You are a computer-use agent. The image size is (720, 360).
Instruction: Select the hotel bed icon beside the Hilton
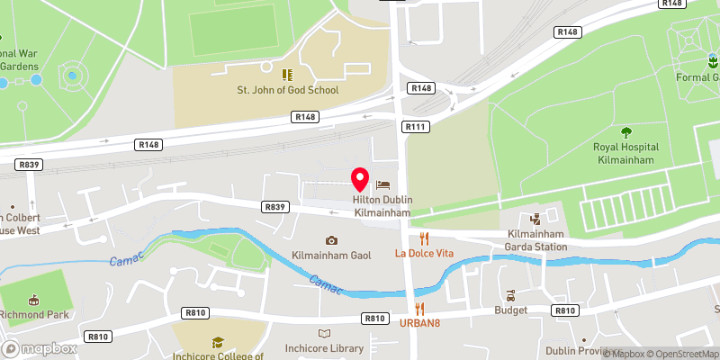coord(391,184)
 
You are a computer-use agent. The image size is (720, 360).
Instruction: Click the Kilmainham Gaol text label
coord(331,256)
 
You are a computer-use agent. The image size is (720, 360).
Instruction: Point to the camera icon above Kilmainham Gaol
coord(331,239)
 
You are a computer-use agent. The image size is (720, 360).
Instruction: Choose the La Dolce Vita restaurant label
coord(425,254)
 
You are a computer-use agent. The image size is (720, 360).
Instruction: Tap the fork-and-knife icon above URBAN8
coord(419,309)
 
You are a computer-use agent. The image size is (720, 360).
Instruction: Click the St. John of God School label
coord(287,90)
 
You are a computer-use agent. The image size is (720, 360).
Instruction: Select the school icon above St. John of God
coord(287,75)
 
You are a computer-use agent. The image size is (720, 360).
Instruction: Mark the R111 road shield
coord(415,127)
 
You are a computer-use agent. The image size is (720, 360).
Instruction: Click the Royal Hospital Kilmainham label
coord(625,152)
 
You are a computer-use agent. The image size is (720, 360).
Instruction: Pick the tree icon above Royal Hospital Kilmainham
coord(625,130)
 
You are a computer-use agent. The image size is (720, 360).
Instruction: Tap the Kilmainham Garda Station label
coord(535,239)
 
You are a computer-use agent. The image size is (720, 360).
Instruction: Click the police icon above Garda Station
coord(535,218)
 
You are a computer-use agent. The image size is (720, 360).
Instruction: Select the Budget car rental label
coord(510,310)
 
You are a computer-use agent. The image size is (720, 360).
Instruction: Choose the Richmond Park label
coord(34,316)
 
